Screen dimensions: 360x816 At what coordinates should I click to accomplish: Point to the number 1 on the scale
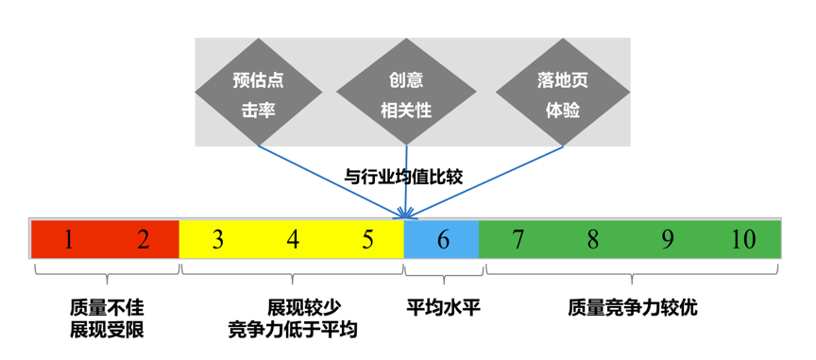click(68, 240)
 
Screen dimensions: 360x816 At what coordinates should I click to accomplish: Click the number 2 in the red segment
click(144, 240)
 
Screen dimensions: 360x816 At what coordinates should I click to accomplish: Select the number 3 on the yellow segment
click(218, 240)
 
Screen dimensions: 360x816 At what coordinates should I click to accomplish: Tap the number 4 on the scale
click(293, 240)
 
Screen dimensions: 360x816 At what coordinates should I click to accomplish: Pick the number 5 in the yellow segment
click(367, 240)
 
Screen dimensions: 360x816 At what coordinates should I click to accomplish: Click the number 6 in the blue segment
click(443, 240)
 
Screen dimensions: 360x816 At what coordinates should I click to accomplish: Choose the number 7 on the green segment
click(518, 240)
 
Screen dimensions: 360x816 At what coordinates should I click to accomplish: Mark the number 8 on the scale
click(592, 240)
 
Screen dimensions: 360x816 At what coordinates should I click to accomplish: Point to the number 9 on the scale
click(667, 240)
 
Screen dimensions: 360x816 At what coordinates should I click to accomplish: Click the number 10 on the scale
click(743, 240)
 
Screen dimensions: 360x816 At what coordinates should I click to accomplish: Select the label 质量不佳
click(107, 308)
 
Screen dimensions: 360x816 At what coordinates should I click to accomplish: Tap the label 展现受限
click(107, 329)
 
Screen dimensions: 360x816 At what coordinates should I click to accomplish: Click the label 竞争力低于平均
click(293, 329)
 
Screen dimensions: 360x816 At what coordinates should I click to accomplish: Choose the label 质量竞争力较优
click(633, 308)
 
